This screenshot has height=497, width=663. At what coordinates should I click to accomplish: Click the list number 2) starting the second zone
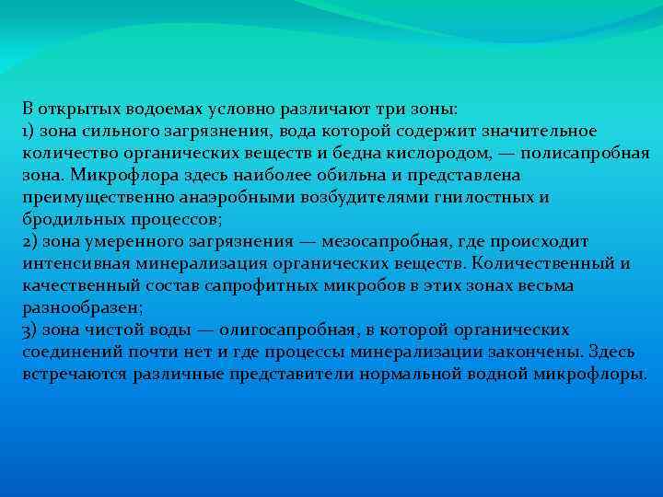[x=30, y=242]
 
